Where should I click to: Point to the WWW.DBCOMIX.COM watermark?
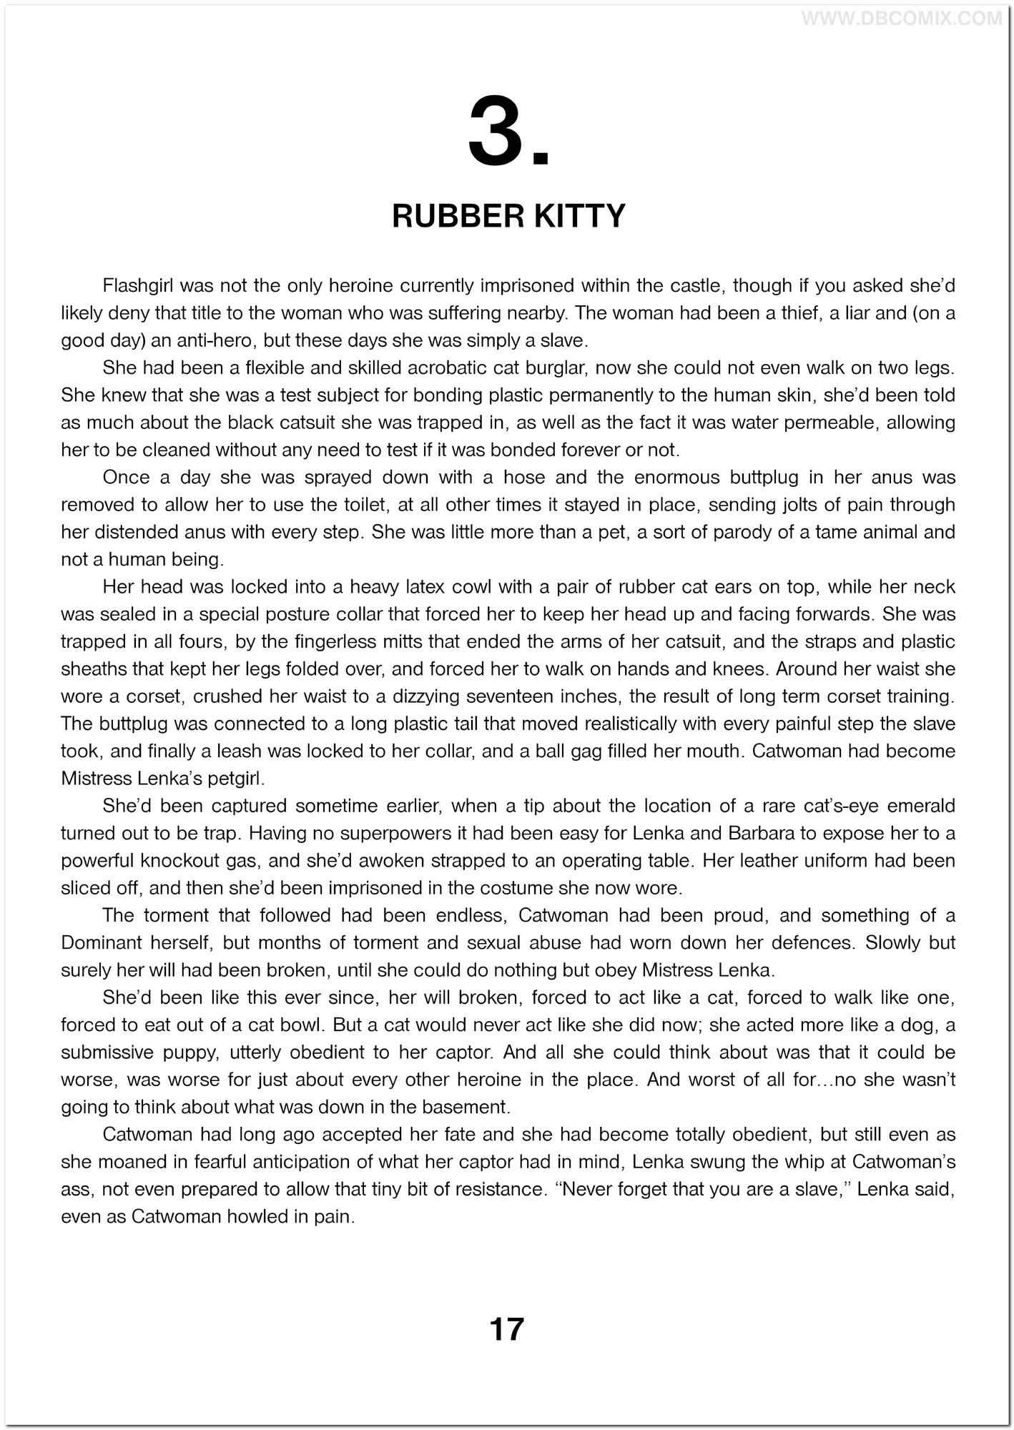pos(901,19)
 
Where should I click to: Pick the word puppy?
pos(193,1052)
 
